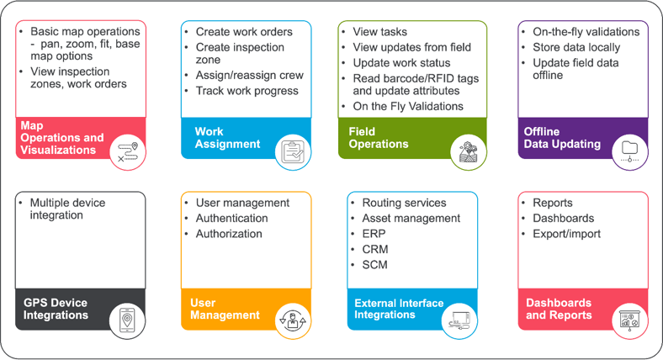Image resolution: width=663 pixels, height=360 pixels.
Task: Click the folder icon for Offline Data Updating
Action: click(x=629, y=150)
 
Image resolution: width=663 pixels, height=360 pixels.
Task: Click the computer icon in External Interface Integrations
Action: click(x=459, y=320)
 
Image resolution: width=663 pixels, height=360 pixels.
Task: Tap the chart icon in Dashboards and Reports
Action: click(x=629, y=320)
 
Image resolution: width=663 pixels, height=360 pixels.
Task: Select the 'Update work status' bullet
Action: click(x=401, y=63)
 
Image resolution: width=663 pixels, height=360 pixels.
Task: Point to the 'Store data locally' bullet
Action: click(x=576, y=47)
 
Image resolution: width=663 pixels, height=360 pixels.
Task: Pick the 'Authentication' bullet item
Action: click(x=231, y=219)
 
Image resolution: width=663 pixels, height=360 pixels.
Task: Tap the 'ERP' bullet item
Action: click(x=374, y=234)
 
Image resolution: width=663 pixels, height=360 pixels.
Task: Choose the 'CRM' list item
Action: click(x=375, y=250)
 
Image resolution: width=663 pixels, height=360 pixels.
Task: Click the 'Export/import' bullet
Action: click(x=566, y=234)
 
